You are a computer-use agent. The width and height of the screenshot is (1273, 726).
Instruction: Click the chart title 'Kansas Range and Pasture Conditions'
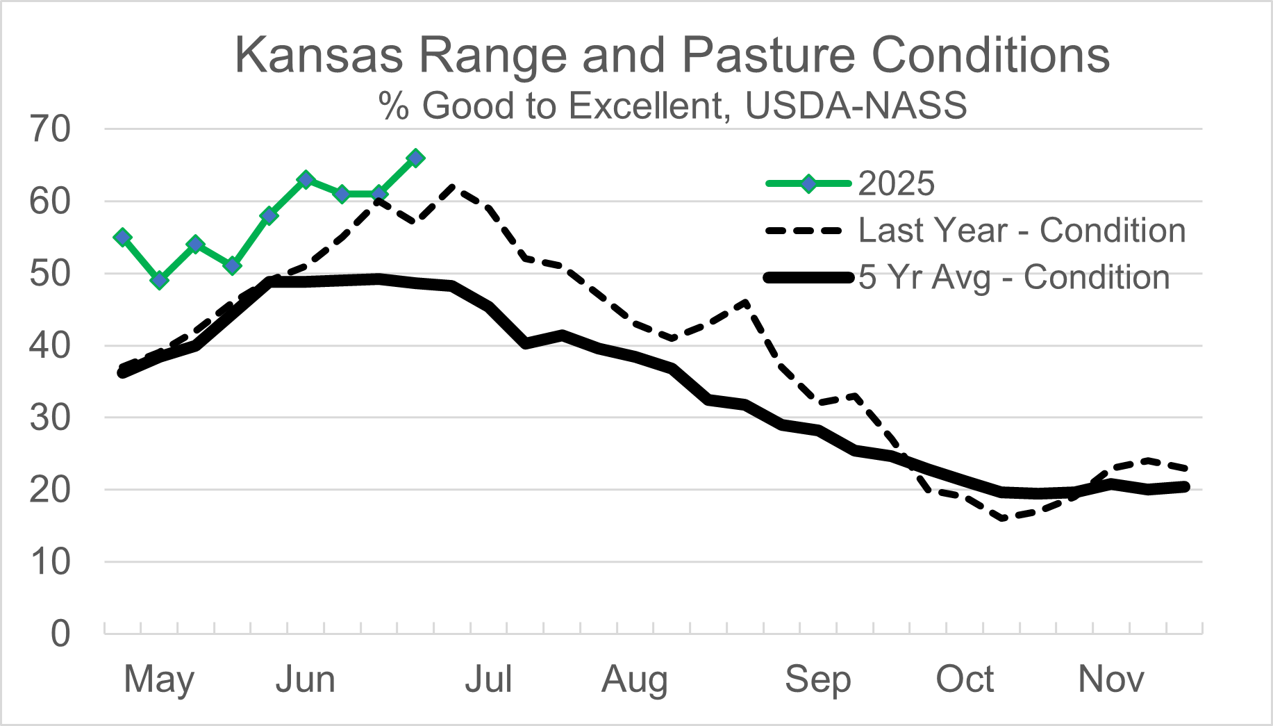[x=672, y=56]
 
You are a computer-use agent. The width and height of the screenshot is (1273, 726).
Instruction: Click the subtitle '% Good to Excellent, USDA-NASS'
[x=672, y=106]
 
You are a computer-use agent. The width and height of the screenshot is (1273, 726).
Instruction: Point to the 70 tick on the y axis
[x=51, y=129]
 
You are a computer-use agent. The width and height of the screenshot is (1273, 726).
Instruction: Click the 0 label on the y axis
[x=60, y=634]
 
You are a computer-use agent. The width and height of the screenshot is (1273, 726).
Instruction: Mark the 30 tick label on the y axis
[x=51, y=418]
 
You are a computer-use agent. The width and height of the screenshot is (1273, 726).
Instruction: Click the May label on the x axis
[x=159, y=679]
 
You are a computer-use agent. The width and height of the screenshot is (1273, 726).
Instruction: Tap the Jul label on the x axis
[x=488, y=679]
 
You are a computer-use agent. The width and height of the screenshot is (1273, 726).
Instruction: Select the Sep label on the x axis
[x=817, y=679]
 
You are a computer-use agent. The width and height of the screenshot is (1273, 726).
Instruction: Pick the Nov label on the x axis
[x=1110, y=679]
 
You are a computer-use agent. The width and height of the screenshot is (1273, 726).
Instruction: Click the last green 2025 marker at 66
[x=415, y=158]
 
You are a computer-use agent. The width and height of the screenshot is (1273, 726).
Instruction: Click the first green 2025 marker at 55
[x=123, y=238]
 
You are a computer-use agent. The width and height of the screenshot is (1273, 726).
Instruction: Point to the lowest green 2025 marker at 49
[x=160, y=281]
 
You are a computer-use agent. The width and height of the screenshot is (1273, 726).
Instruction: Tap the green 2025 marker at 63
[x=306, y=180]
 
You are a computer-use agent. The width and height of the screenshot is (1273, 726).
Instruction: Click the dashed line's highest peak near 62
[x=453, y=187]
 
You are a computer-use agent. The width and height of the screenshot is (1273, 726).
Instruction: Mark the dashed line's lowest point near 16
[x=1002, y=518]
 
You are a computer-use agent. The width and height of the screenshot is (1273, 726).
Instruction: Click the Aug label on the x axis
[x=635, y=679]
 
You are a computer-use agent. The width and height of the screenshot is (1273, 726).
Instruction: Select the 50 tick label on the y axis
[x=51, y=274]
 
